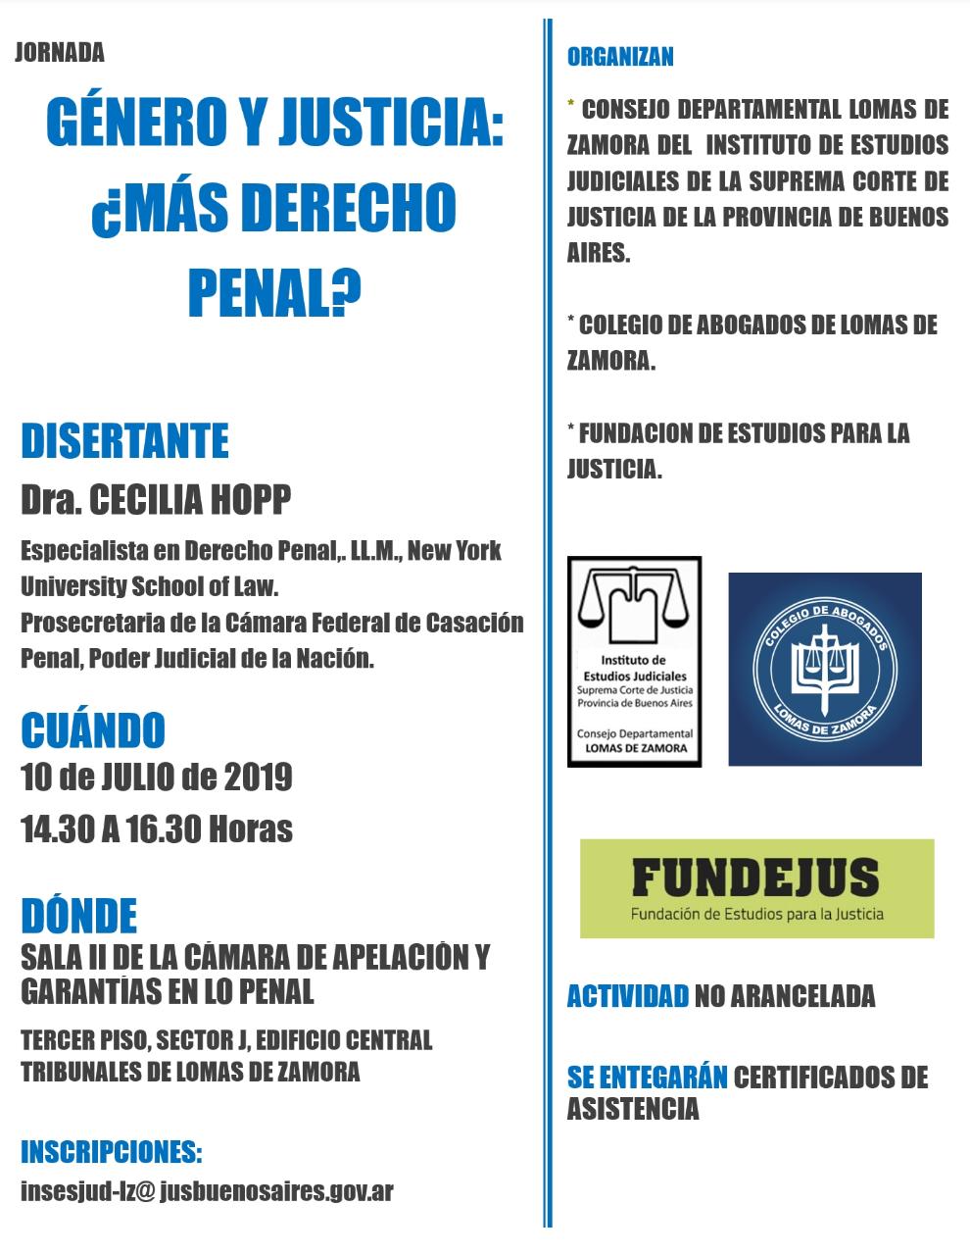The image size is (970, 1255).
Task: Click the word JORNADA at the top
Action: [x=60, y=53]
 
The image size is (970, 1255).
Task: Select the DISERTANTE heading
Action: [x=124, y=441]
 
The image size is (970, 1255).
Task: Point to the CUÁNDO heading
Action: [x=93, y=730]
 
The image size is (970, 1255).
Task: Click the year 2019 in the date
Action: [x=258, y=778]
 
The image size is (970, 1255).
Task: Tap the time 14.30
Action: [x=58, y=829]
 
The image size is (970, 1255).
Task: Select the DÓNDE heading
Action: [x=78, y=915]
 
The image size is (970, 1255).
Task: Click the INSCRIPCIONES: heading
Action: [x=111, y=1151]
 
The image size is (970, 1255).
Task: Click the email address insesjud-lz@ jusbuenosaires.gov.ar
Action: [x=207, y=1191]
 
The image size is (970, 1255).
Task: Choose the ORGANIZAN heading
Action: [x=620, y=57]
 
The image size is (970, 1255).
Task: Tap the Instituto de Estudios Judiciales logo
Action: [x=634, y=662]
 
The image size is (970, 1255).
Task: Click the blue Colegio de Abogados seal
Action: [x=824, y=669]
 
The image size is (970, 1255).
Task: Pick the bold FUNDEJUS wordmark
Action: [x=755, y=878]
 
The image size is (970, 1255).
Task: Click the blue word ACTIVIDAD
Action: [x=627, y=997]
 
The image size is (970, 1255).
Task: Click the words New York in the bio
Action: [x=454, y=551]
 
